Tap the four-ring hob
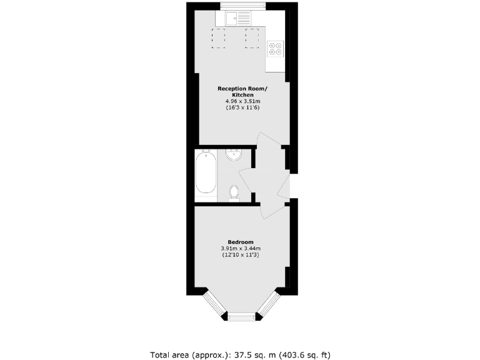tap(275, 48)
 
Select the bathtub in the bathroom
tap(206, 174)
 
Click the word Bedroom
tap(241, 242)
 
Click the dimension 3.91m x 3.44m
tap(241, 249)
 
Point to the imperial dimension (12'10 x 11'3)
tap(241, 255)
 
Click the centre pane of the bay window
tap(241, 317)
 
